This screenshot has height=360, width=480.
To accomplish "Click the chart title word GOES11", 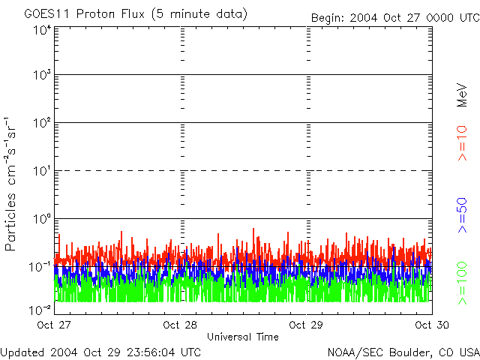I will [46, 14].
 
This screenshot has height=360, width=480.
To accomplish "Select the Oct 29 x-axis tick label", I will [306, 325].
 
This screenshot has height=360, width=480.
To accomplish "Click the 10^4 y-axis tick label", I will [41, 30].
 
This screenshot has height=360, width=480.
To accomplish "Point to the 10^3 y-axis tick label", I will [41, 75].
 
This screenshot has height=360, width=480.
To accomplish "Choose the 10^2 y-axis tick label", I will [41, 123].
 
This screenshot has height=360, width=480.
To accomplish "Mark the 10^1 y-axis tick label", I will [41, 171].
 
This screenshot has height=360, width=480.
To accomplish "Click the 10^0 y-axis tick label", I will [41, 219].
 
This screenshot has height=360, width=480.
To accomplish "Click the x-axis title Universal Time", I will [242, 337].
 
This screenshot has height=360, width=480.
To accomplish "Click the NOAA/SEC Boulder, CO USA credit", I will [403, 351].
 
